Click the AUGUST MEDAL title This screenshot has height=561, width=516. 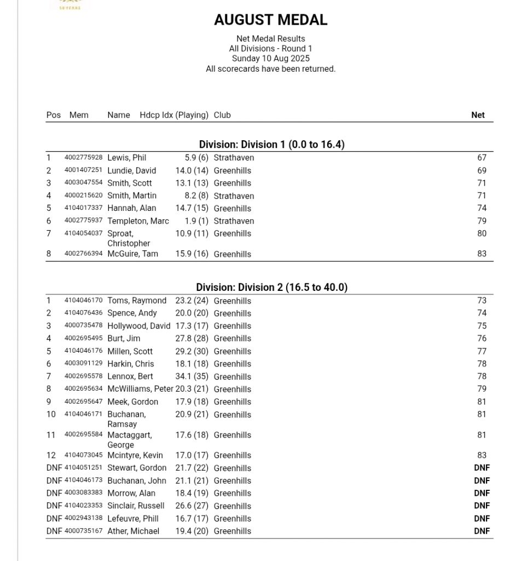tap(270, 20)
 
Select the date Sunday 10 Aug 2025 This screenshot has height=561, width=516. tap(270, 59)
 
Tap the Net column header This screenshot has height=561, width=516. tap(478, 115)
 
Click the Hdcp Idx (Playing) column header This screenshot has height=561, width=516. tap(174, 115)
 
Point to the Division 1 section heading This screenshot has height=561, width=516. tap(271, 145)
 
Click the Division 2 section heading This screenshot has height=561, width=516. tap(271, 288)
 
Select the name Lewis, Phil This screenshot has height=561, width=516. tap(126, 158)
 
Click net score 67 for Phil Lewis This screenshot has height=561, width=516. tap(481, 158)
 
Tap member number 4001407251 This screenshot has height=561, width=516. tap(83, 170)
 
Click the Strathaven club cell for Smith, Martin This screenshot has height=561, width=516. tap(234, 196)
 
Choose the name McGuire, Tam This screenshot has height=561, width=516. tap(132, 254)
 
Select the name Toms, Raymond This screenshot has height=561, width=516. tap(137, 301)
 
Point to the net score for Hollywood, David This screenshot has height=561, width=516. tap(481, 326)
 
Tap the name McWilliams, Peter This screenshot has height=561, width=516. tap(140, 389)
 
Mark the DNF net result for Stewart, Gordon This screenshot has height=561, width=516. tap(482, 468)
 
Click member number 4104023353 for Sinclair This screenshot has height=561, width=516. tap(83, 506)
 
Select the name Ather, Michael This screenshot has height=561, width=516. tap(133, 531)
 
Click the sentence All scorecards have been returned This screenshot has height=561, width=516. tap(270, 69)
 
